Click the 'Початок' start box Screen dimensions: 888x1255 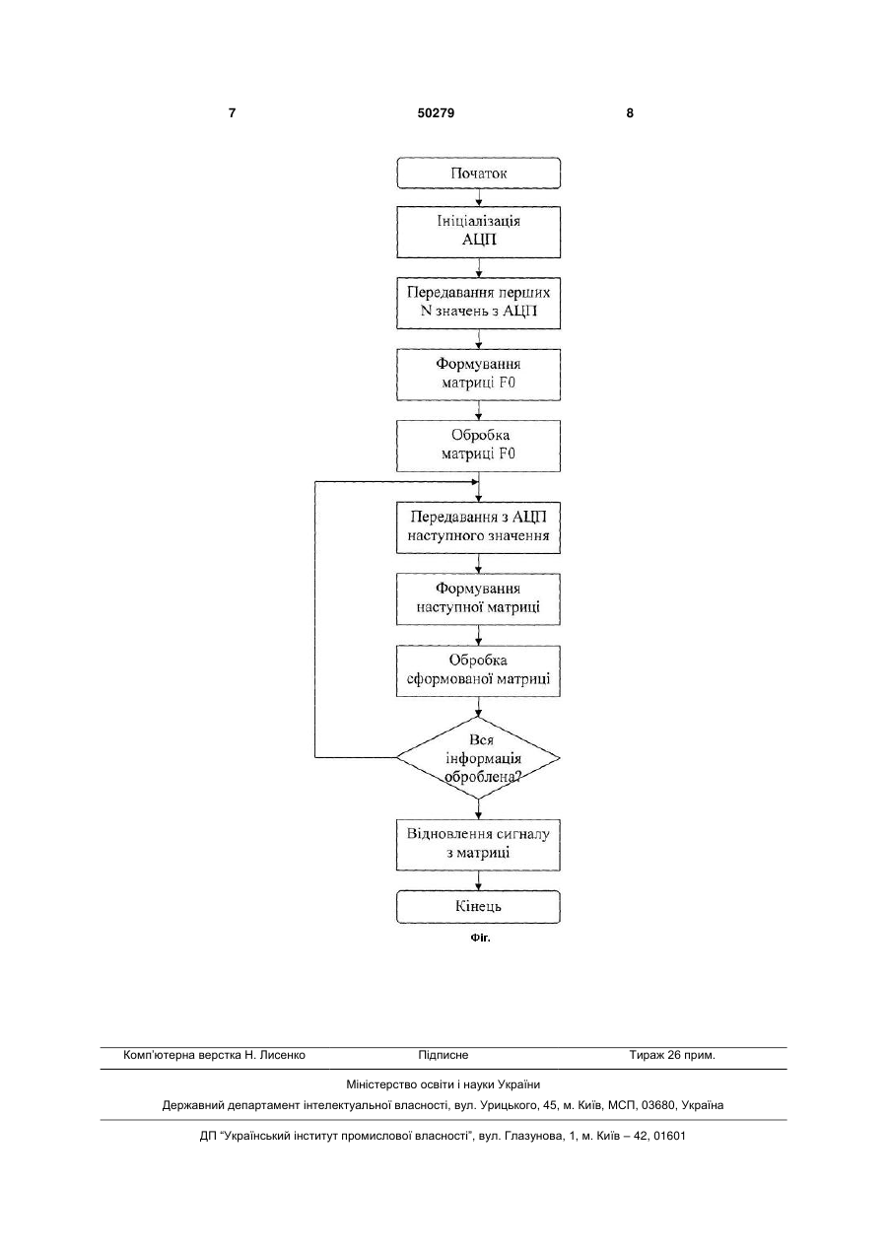pos(478,174)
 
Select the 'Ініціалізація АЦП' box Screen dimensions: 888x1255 pos(478,232)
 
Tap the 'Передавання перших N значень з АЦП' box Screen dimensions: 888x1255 pos(478,303)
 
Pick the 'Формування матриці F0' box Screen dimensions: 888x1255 pos(478,375)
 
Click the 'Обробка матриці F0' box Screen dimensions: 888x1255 pos(478,446)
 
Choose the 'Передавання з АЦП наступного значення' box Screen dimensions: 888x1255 pos(478,527)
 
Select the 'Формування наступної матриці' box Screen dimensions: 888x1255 pos(478,599)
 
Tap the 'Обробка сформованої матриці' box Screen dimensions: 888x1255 pos(478,670)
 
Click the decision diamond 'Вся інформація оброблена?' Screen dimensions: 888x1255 pos(478,758)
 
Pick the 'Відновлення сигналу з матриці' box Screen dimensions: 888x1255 pos(478,845)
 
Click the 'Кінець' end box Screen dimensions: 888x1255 pos(478,907)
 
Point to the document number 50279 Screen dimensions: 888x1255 pos(436,113)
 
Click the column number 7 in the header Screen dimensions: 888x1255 pos(232,113)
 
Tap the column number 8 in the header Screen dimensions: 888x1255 pos(630,113)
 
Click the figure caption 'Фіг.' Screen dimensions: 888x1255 pos(481,938)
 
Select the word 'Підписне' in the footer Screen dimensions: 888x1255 pos(444,1055)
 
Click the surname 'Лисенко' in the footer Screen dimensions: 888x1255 pos(283,1055)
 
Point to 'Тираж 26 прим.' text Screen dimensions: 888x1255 pos(672,1055)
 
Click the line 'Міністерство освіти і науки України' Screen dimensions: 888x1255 pos(444,1084)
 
